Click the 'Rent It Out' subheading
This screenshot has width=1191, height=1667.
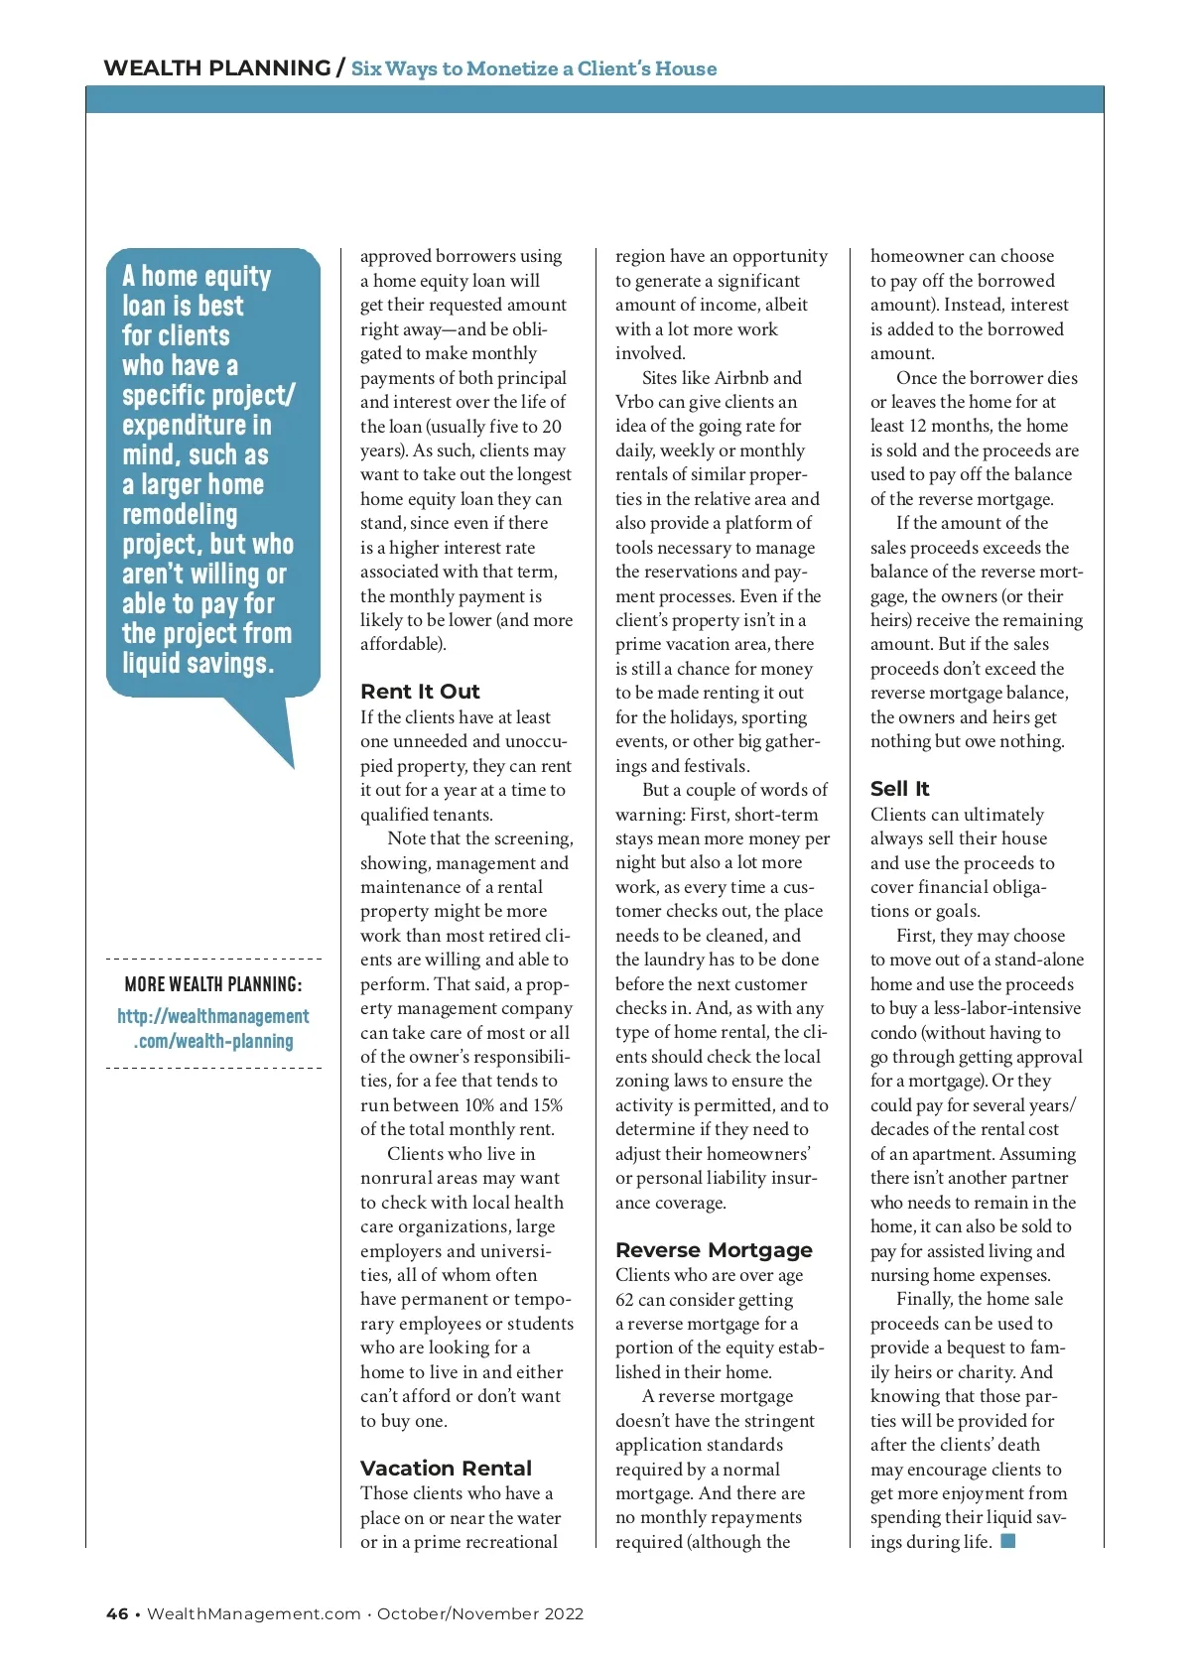[420, 692]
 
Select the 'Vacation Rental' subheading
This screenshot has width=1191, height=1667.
[446, 1469]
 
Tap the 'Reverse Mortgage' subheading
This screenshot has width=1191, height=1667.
[714, 1250]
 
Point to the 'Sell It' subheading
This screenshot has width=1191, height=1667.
[899, 789]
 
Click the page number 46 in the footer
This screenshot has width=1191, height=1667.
[117, 1614]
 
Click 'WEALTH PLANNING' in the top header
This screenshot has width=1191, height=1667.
[216, 68]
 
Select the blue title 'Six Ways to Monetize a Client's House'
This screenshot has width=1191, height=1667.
[534, 68]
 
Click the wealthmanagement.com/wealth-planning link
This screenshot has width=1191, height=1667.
[213, 1029]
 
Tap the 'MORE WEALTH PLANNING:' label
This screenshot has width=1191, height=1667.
[213, 984]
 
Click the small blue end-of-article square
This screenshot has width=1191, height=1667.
[1008, 1541]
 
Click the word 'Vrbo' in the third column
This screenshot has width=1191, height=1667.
[635, 402]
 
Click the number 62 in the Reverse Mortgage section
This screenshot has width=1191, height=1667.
[625, 1300]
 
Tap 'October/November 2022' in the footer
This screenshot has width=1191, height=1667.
[480, 1614]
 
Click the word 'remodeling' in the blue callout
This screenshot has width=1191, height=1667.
[180, 515]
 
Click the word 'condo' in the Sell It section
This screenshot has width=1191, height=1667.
[892, 1033]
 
